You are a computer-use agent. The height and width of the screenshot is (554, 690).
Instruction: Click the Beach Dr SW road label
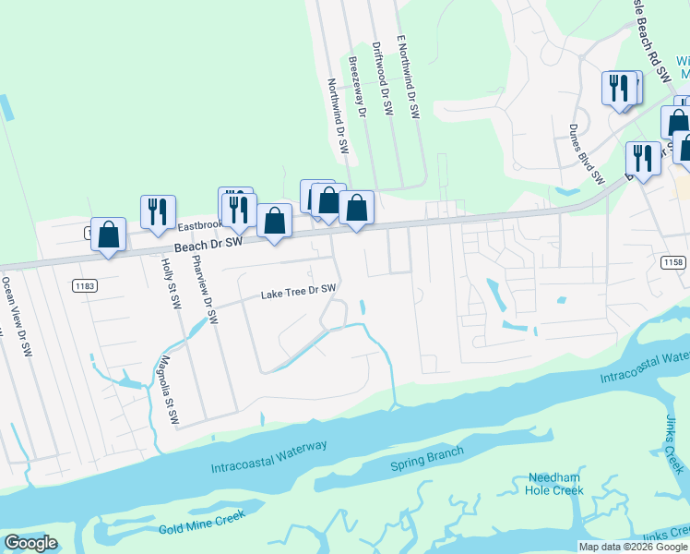coord(208,244)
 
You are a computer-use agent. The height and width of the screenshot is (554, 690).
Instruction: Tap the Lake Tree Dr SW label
coord(298,291)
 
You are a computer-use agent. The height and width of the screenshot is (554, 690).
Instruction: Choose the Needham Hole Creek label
coord(555,484)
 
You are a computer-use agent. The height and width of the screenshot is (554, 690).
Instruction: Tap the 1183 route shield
coord(85,286)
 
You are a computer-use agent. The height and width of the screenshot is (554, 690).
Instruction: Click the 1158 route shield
coord(672,263)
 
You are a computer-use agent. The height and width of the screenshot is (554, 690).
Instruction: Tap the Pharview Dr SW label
coord(206,290)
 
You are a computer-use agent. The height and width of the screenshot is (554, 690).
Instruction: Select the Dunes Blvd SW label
coord(586,153)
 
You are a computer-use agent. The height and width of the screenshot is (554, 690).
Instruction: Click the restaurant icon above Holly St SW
coord(158,212)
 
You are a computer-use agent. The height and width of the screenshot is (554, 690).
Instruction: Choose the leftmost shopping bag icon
coord(109,235)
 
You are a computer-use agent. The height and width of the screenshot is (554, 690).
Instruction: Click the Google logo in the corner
coord(30,543)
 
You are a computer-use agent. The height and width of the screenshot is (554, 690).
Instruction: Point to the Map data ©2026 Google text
coord(633,547)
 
